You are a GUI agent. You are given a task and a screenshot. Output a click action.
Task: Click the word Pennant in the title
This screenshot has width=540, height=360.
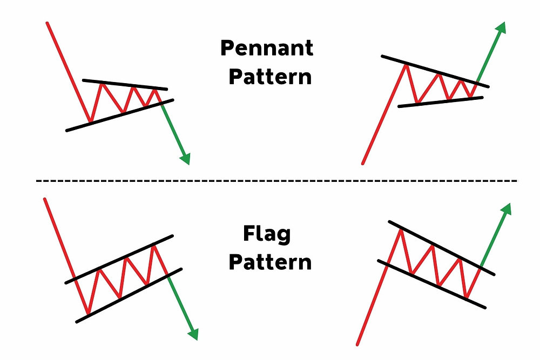pos(266,49)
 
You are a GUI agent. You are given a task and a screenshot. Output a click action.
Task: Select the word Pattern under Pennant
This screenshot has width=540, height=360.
pos(270,77)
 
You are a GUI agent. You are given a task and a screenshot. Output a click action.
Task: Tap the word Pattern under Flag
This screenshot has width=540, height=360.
pos(270,262)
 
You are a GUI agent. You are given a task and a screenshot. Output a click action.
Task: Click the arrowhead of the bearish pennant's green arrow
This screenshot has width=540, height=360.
pos(185,158)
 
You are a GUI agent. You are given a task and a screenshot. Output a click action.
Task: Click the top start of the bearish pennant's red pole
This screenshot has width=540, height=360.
pos(48,23)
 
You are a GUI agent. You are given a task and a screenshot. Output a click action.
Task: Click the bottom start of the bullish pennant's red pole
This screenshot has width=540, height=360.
pos(363,162)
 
